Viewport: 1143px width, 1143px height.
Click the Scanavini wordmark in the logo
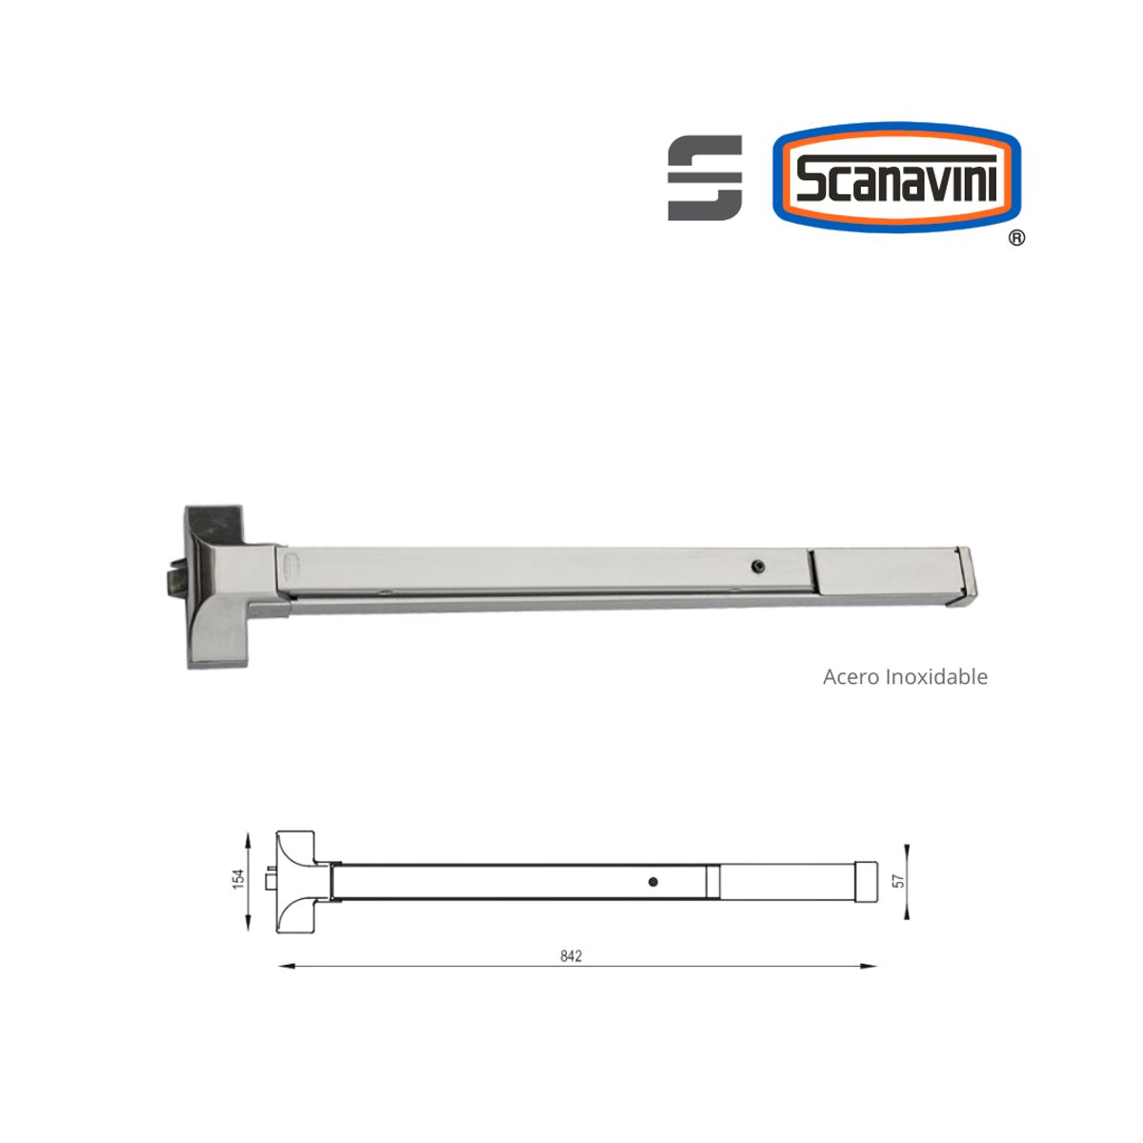tap(896, 178)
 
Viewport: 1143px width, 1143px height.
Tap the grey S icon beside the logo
tap(705, 178)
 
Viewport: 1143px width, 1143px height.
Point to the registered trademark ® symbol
tap(1016, 238)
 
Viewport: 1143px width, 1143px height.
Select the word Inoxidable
tap(937, 677)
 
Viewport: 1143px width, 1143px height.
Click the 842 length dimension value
tap(571, 956)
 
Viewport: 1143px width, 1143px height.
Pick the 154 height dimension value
tap(240, 879)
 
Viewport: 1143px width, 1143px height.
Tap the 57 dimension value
tap(898, 882)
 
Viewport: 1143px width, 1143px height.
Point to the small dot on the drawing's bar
tap(652, 881)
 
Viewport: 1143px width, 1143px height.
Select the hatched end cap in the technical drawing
tap(866, 881)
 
